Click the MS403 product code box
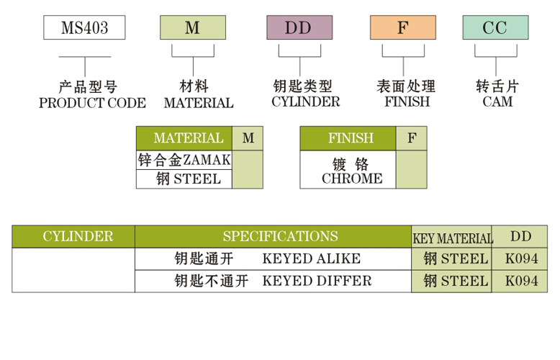(x=84, y=28)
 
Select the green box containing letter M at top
(x=192, y=28)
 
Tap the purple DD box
(x=299, y=28)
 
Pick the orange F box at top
(x=402, y=28)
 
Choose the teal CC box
(x=494, y=28)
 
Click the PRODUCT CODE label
(x=92, y=102)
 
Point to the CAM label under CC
(x=497, y=102)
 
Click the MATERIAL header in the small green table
(x=184, y=138)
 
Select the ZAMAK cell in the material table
(x=184, y=159)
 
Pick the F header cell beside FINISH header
(x=411, y=138)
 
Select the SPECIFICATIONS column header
(x=279, y=236)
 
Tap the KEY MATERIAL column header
(x=452, y=238)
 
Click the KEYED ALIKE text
(x=311, y=258)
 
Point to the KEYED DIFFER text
(x=317, y=281)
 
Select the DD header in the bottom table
(x=521, y=236)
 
